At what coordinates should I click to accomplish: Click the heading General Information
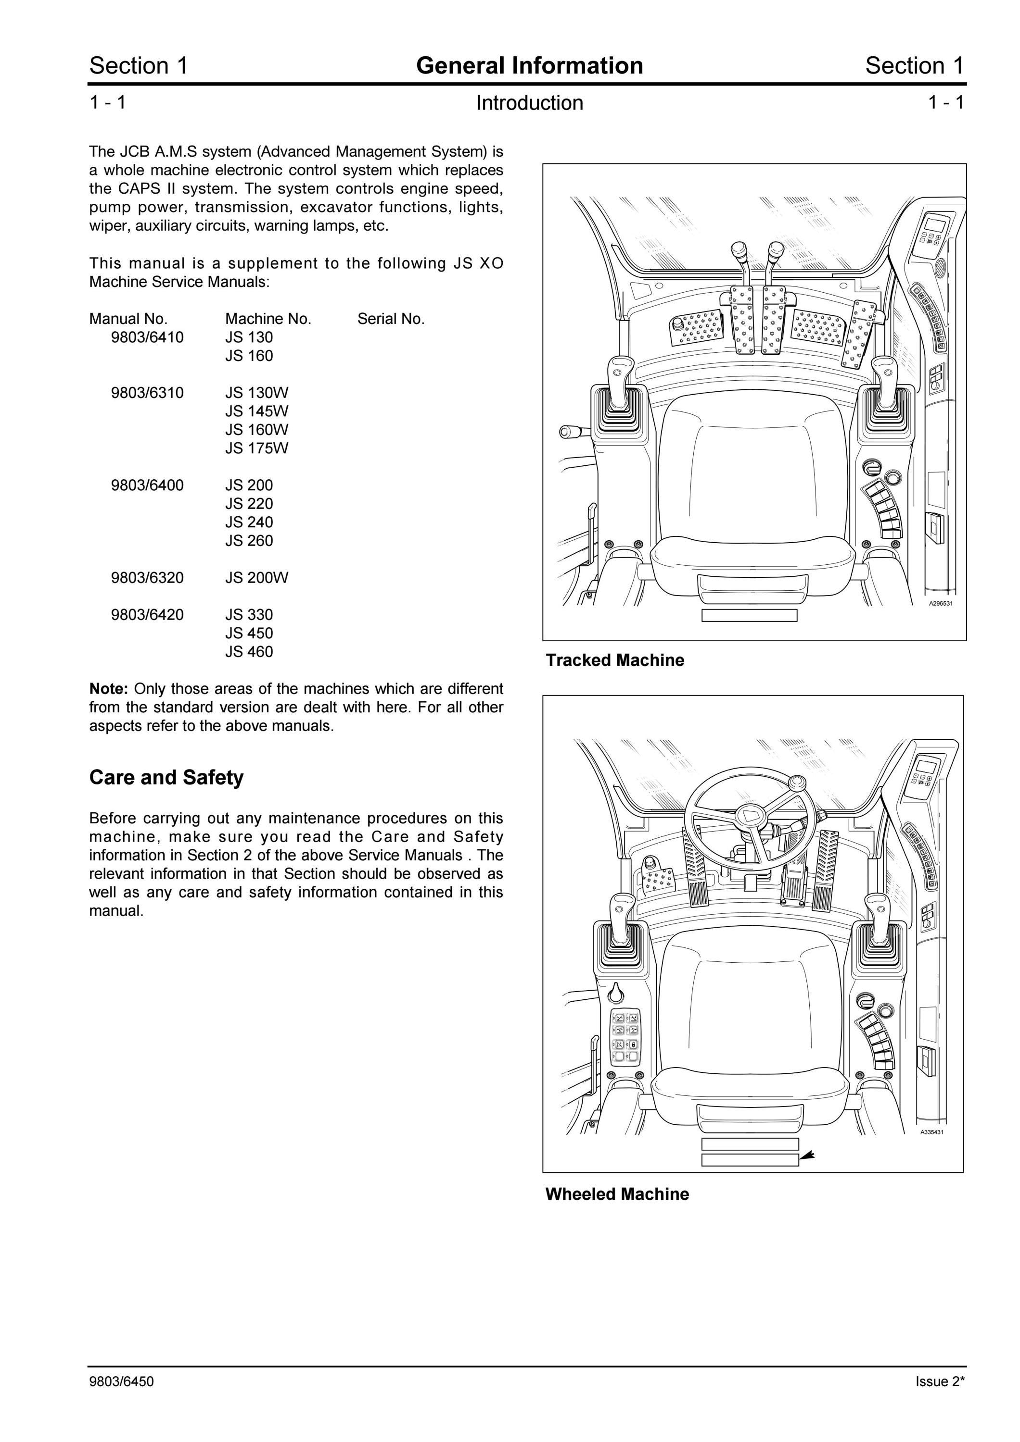(x=529, y=65)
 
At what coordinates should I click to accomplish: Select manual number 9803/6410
(x=147, y=337)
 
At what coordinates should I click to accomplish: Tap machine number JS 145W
(x=256, y=411)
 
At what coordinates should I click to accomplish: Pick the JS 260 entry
(x=249, y=541)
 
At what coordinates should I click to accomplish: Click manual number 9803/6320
(x=147, y=578)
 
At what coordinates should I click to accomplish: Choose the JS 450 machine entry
(x=249, y=633)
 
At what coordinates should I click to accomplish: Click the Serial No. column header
(x=391, y=319)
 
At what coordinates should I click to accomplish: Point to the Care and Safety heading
(x=166, y=778)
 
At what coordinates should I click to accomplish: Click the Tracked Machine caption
(x=614, y=660)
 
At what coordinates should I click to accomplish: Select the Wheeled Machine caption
(x=617, y=1194)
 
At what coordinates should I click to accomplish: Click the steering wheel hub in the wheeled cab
(x=747, y=816)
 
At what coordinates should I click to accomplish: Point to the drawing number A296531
(x=942, y=603)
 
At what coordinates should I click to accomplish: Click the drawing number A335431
(x=932, y=1132)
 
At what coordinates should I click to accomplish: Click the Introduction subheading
(x=529, y=103)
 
